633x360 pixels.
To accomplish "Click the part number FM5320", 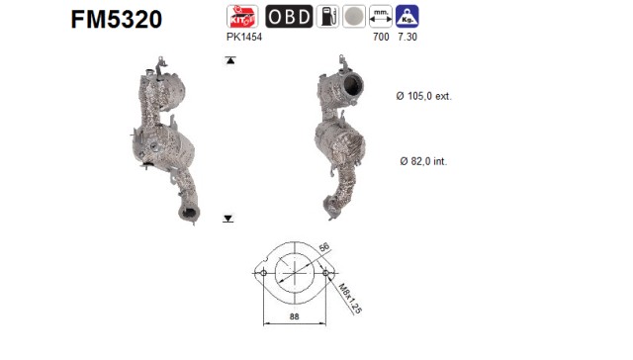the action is pos(117,19).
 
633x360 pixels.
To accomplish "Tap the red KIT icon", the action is pos(242,16).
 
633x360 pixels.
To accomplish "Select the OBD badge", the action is pos(289,16).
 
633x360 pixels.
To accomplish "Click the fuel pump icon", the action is pos(327,16).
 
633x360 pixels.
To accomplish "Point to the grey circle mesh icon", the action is pos(354,16).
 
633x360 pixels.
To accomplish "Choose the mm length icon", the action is pos(381,16).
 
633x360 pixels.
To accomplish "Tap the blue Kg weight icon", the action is pos(407,16).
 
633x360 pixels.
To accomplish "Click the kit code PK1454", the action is pos(244,37).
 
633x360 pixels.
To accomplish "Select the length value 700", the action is pos(381,37).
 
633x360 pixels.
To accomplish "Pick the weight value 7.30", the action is pos(407,37).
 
